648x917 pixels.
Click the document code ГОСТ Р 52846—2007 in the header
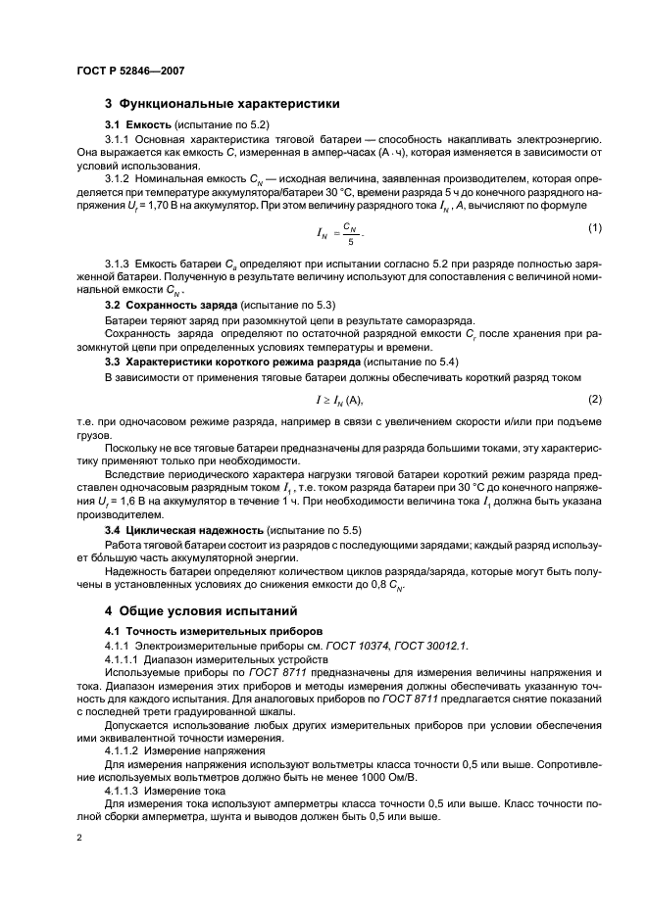tap(129, 71)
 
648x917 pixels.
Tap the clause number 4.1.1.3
tap(123, 790)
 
